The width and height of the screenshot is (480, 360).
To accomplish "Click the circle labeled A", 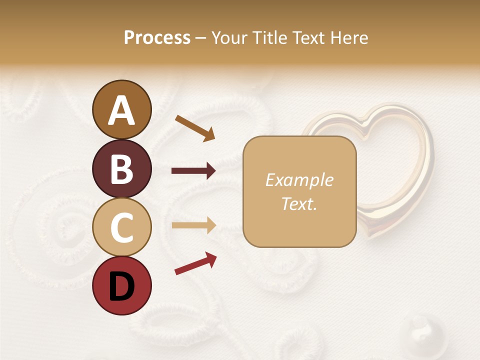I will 122,109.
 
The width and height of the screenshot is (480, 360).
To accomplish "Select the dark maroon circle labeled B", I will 122,168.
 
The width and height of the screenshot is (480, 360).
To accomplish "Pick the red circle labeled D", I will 122,285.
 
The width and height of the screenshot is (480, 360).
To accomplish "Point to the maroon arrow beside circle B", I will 193,171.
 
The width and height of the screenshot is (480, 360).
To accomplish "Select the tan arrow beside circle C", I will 193,225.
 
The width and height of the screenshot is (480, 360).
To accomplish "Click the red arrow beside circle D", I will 195,263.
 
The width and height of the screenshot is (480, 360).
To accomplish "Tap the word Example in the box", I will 299,180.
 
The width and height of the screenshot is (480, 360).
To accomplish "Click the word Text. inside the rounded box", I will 299,203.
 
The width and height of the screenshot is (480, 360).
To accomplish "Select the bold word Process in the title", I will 157,37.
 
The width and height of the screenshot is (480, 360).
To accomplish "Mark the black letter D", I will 122,286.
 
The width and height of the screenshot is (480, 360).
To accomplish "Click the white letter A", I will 122,110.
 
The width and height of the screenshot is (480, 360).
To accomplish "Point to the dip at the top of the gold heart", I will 370,125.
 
